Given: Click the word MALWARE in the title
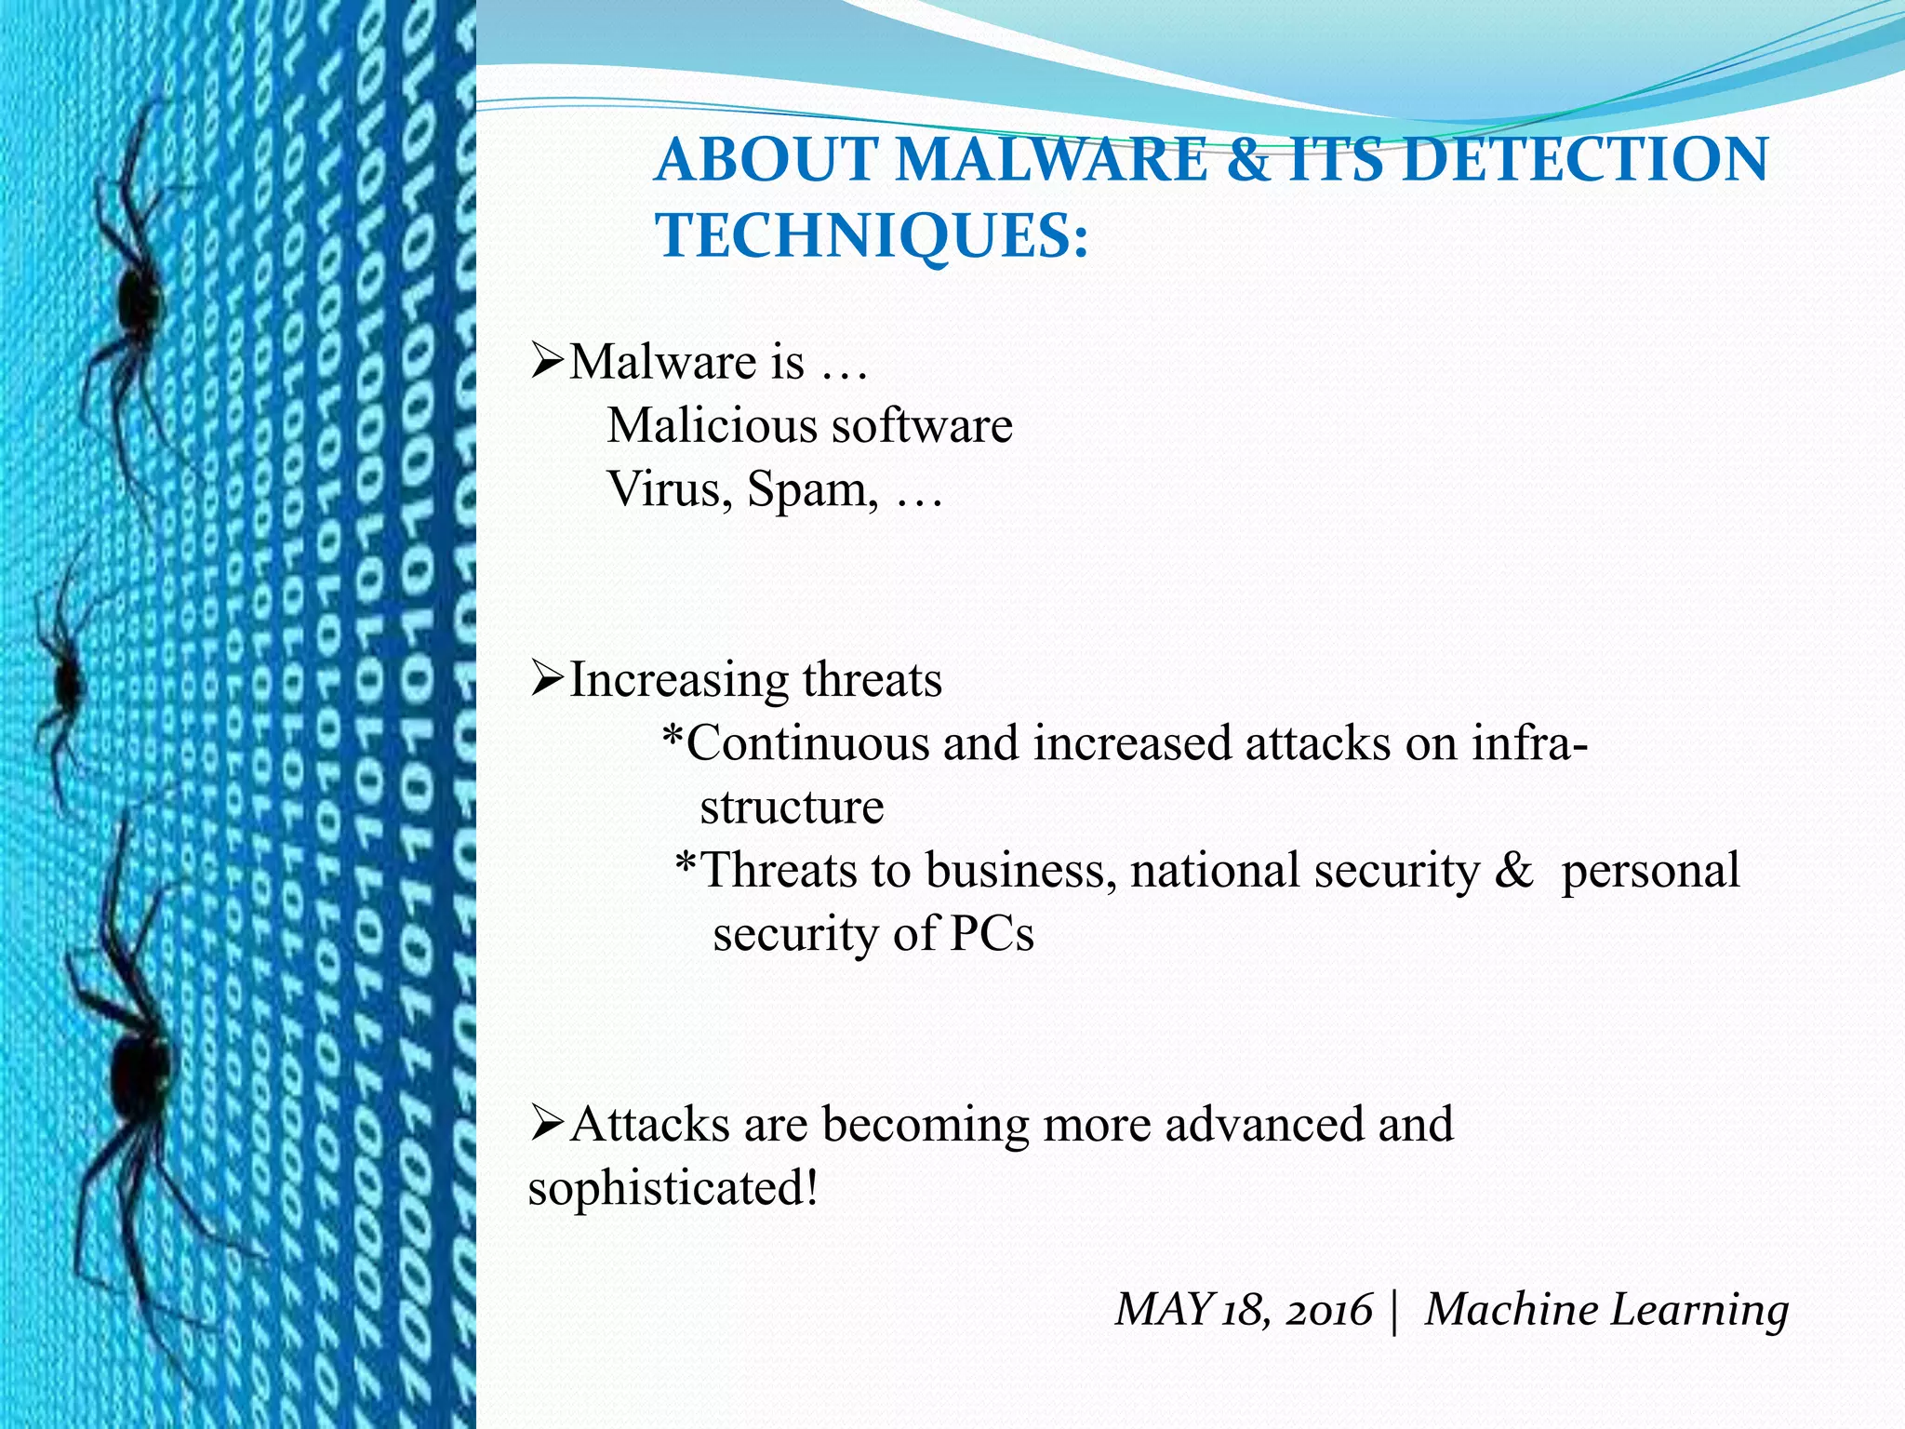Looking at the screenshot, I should point(1051,159).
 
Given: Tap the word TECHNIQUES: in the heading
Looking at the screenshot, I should point(872,235).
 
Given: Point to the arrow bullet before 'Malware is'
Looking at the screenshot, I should point(546,361).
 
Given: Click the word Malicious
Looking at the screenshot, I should point(713,426).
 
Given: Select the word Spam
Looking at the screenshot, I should point(811,489).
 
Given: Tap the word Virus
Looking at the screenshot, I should point(664,489).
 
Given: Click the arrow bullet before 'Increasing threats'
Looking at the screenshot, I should point(546,679).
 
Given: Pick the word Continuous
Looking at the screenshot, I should point(807,743).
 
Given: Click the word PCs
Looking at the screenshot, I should point(992,934).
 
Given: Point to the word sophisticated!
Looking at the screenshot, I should point(673,1188).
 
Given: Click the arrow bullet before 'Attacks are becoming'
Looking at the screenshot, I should point(546,1124).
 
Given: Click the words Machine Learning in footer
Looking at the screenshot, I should point(1606,1310).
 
